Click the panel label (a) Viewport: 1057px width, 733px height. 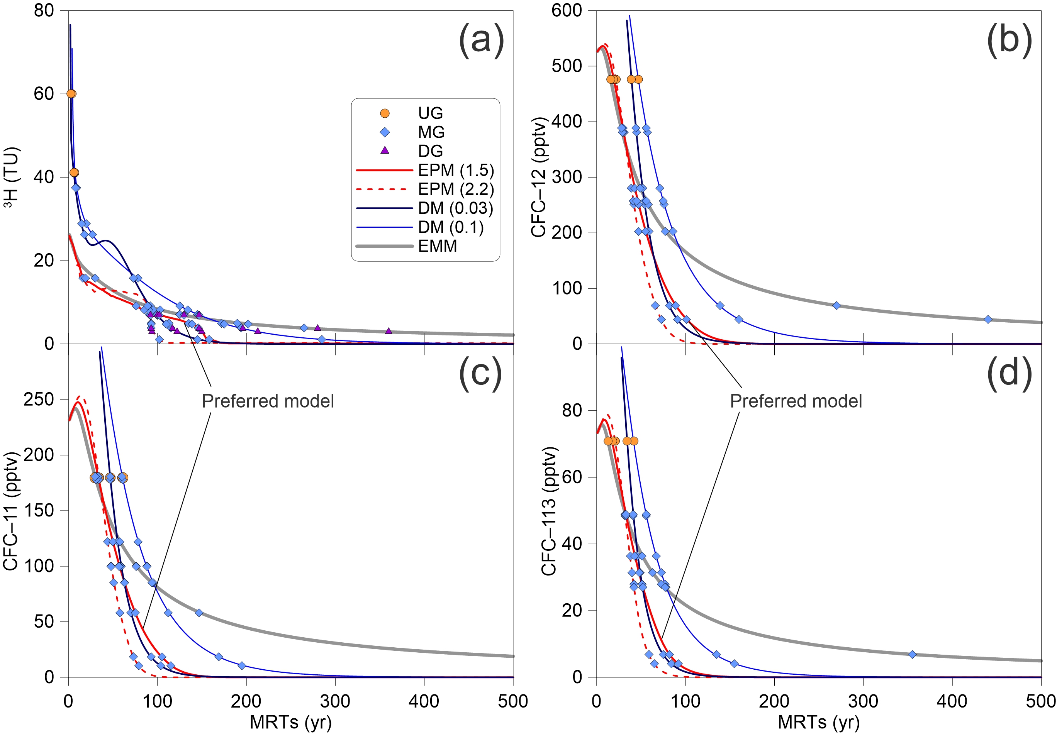click(481, 41)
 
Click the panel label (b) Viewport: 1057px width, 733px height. click(1009, 41)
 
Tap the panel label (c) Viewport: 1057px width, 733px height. click(480, 374)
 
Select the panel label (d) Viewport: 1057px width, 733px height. click(1009, 374)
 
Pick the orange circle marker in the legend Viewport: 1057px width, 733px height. click(385, 113)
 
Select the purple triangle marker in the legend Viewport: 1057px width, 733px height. click(385, 151)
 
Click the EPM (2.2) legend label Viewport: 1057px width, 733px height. click(456, 189)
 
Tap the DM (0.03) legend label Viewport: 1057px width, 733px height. click(455, 208)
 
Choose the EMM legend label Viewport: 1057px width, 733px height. click(437, 246)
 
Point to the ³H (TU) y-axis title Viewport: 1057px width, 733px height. click(11, 177)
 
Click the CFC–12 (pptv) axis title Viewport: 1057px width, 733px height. click(538, 177)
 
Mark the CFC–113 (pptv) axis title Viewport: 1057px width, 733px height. click(549, 511)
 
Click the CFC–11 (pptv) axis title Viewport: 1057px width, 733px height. click(11, 511)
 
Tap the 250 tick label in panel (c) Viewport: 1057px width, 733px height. click(39, 400)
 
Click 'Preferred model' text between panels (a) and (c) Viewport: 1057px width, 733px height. click(268, 401)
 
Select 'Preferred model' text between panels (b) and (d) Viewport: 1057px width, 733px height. click(796, 401)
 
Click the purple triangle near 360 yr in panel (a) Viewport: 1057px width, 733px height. click(389, 331)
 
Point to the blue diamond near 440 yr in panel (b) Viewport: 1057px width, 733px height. click(987, 319)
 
